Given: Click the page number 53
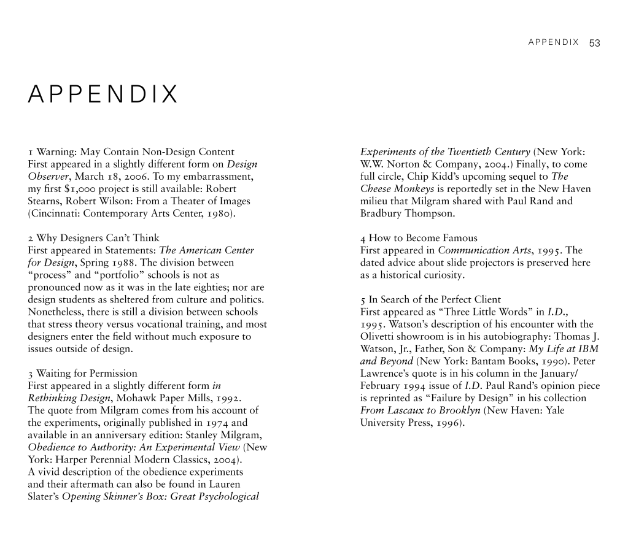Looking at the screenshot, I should tap(594, 43).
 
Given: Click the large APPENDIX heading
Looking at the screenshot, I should tap(103, 95).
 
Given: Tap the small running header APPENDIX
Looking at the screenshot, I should tap(553, 43).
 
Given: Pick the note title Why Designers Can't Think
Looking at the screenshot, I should tap(98, 238).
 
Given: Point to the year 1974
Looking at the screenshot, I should tap(216, 422).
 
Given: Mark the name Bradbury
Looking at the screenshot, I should tap(381, 214).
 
